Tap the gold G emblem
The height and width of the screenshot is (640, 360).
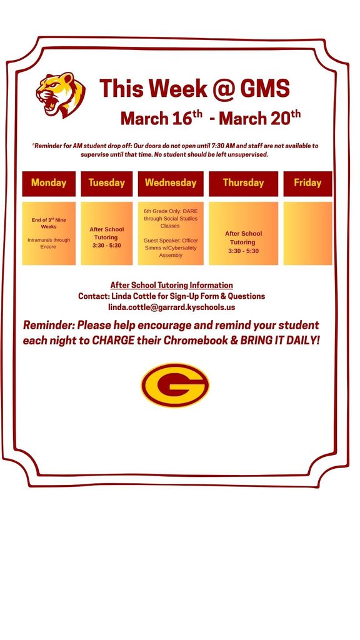175,386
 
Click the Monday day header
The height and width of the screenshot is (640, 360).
49,183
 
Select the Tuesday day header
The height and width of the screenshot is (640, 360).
106,183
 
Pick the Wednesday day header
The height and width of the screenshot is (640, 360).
171,183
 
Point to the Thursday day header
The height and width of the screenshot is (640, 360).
243,183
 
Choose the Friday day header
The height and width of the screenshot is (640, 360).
307,183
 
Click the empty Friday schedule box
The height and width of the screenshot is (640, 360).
307,233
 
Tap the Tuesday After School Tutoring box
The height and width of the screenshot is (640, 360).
106,233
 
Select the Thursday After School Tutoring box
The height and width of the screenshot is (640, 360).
243,233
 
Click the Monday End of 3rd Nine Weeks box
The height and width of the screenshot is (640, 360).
49,233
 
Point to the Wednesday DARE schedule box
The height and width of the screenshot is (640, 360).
171,233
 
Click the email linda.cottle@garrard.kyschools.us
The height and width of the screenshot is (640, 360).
171,307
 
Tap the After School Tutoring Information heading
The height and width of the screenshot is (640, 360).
171,285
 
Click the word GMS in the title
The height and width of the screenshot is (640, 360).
262,89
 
